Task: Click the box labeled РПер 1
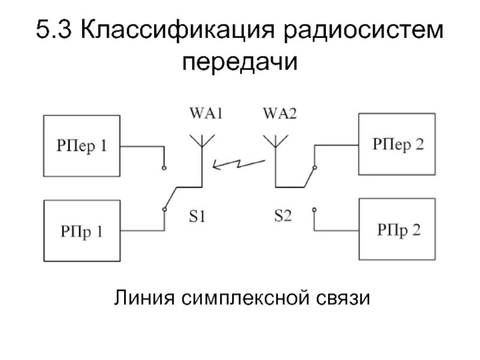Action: pos(81,146)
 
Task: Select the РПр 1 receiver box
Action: pos(81,231)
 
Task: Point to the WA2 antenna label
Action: pos(279,113)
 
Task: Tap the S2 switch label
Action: pos(283,215)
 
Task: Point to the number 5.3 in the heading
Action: pos(55,31)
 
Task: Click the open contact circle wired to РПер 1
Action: pos(163,168)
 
